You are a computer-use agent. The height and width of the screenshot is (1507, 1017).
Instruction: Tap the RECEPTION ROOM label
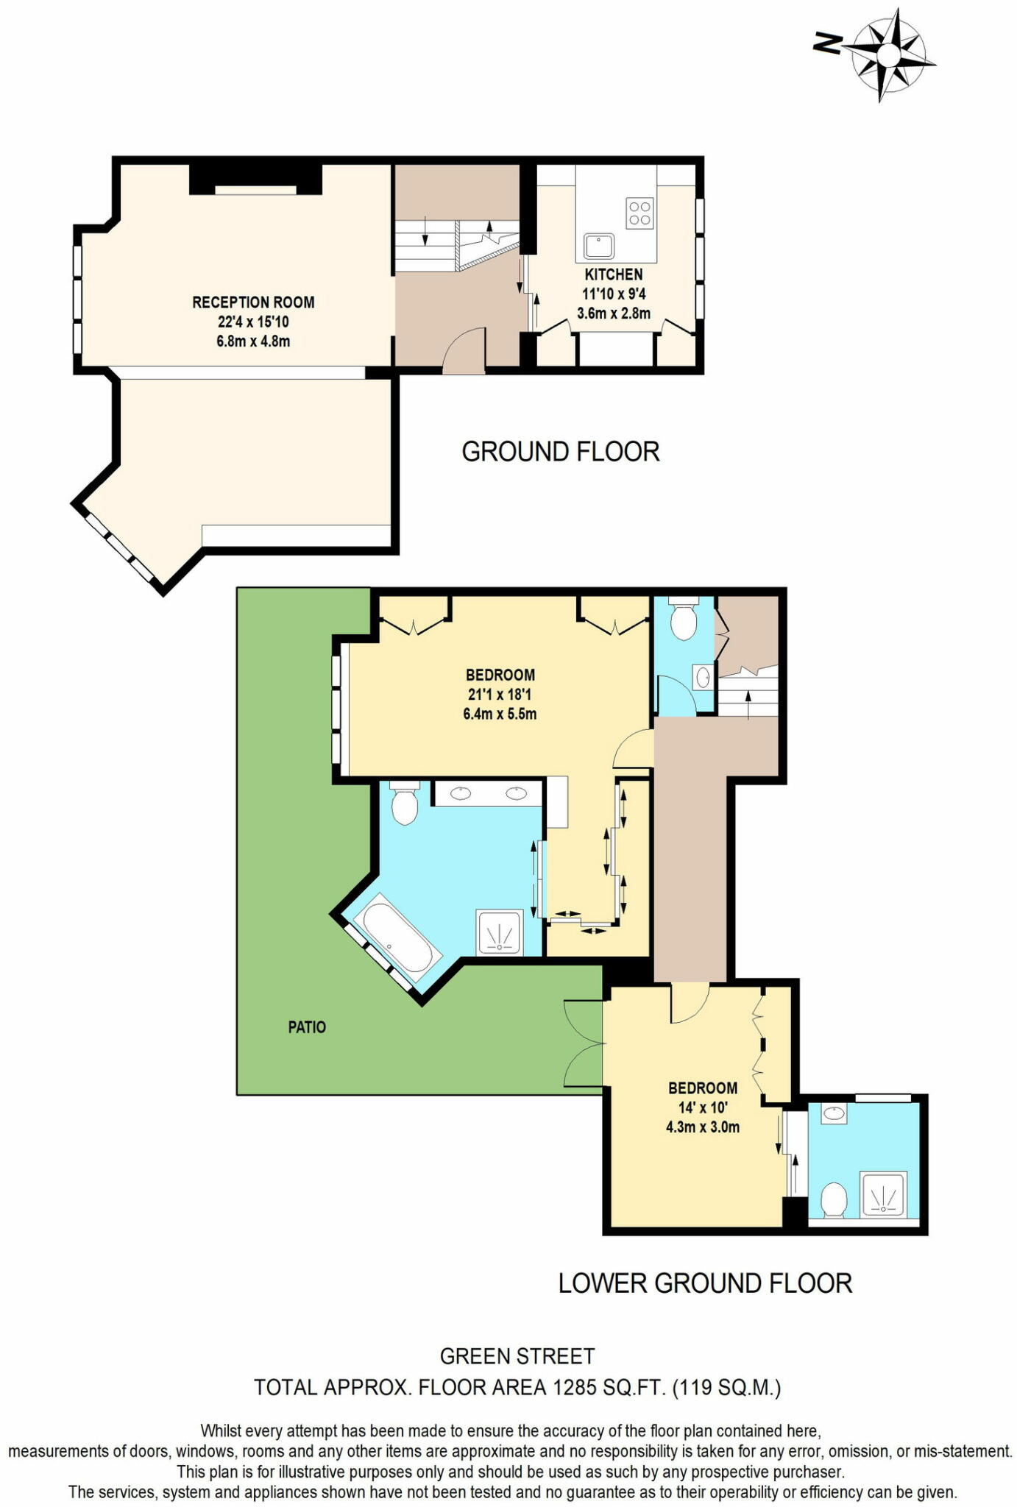tap(253, 302)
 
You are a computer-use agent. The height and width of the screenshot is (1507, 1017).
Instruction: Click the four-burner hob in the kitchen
tap(638, 213)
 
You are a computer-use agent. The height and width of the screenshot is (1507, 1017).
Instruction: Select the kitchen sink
tap(599, 246)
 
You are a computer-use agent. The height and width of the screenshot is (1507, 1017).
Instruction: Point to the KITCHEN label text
tap(613, 274)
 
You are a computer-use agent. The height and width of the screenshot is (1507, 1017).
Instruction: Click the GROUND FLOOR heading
tap(560, 452)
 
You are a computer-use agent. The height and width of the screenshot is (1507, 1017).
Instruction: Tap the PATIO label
tap(306, 1027)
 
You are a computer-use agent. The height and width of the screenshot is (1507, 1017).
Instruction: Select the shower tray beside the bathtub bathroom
tap(500, 932)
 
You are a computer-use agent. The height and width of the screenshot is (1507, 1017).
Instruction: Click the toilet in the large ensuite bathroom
tap(404, 804)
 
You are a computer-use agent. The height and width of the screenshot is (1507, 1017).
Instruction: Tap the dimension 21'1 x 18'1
tap(499, 695)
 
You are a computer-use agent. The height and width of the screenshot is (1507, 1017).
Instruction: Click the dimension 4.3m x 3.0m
tap(702, 1127)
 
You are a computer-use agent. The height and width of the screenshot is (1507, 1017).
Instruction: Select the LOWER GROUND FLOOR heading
tap(704, 1283)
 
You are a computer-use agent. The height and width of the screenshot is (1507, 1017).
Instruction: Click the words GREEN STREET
tap(517, 1356)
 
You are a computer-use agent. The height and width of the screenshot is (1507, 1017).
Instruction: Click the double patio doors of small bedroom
tap(584, 1044)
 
